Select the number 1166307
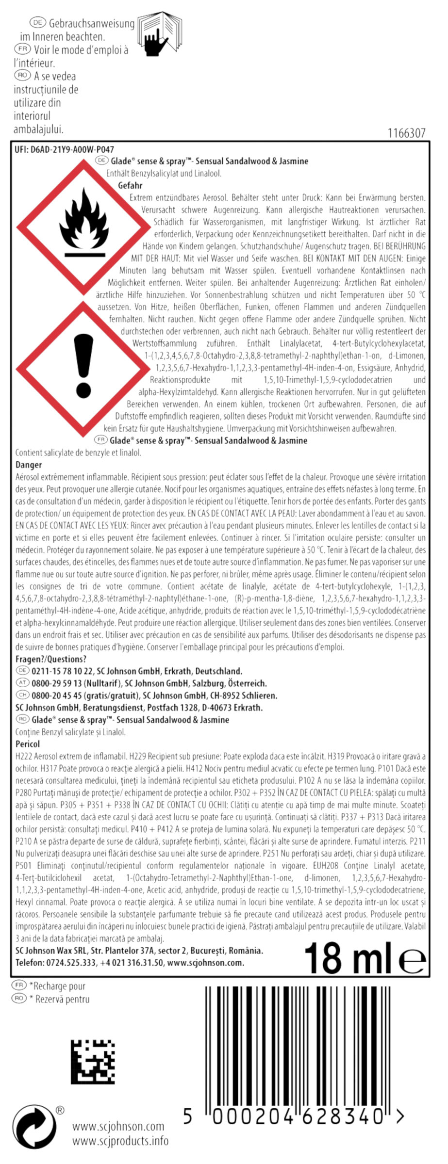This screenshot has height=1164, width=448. click(407, 133)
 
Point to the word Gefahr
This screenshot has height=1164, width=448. click(130, 186)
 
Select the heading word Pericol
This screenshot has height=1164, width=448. click(28, 744)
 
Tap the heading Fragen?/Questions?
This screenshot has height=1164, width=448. click(51, 659)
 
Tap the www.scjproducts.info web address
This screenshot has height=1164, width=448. click(120, 1141)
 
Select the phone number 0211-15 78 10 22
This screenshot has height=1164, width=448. click(62, 671)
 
